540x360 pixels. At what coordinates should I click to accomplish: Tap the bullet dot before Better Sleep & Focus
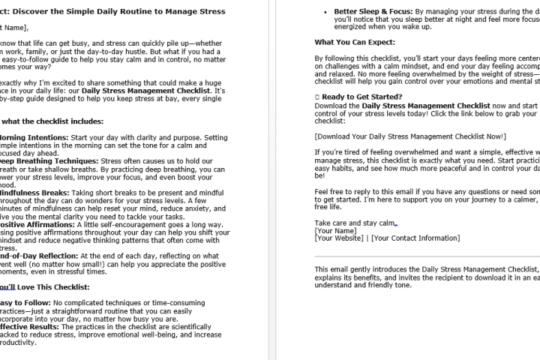tap(324, 12)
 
